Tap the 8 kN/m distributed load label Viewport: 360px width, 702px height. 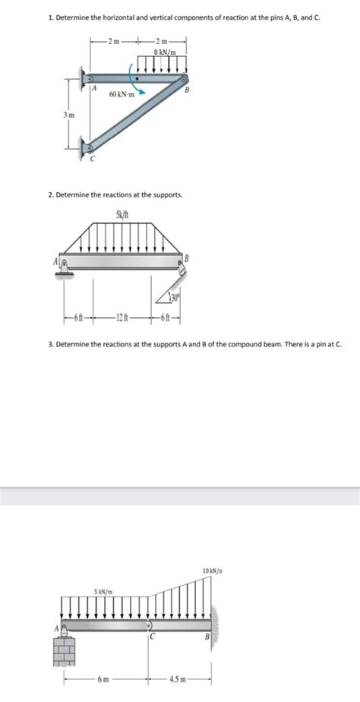pyautogui.click(x=165, y=52)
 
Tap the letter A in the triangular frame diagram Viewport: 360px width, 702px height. pyautogui.click(x=94, y=88)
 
